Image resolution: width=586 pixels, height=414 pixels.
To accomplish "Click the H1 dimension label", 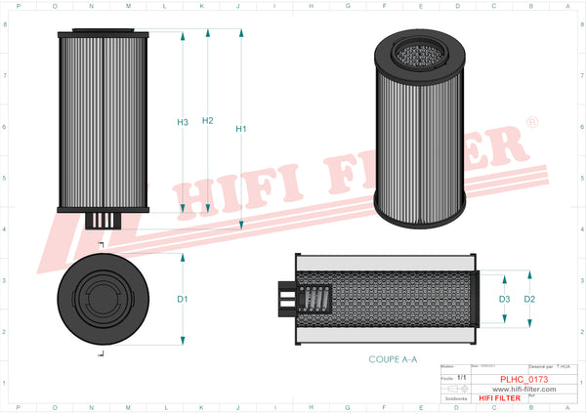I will coord(241,129).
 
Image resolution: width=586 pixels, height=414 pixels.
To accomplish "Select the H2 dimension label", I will coord(207,121).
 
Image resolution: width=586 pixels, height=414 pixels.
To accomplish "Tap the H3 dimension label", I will coord(182,122).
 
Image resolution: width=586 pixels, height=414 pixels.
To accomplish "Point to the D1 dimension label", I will coord(182,299).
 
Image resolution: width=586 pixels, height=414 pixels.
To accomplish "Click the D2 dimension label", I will coord(529,299).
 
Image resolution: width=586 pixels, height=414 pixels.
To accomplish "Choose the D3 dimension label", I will coord(504,299).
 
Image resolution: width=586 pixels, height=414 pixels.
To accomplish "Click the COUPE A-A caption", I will coord(393,359).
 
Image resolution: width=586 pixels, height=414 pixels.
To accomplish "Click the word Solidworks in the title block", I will coord(455,398).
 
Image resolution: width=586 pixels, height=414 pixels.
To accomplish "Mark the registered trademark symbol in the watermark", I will coord(531,123).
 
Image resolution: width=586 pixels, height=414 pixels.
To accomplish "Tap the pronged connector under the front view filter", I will coord(103,221).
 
